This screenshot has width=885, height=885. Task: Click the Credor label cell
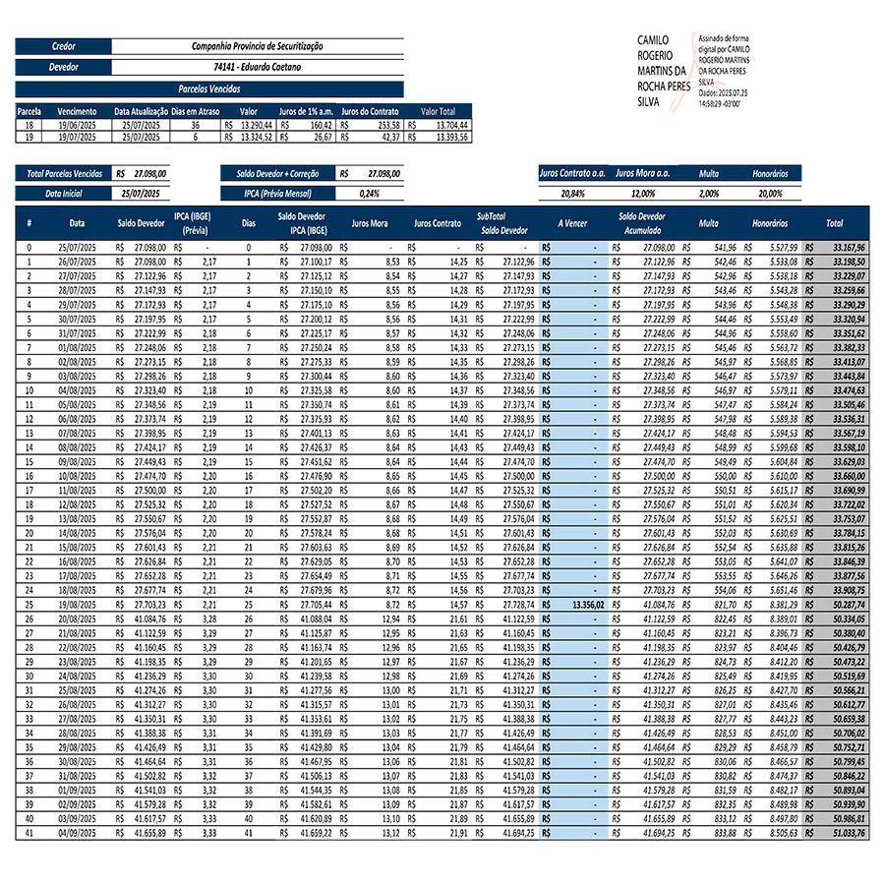pyautogui.click(x=64, y=46)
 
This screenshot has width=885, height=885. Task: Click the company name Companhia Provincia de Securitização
pyautogui.click(x=258, y=46)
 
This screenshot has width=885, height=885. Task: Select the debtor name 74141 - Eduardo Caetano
pyautogui.click(x=258, y=67)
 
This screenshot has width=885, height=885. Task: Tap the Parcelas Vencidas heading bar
pyautogui.click(x=209, y=88)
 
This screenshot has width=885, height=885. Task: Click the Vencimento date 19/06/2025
pyautogui.click(x=77, y=126)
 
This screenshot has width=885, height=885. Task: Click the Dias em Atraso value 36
pyautogui.click(x=194, y=126)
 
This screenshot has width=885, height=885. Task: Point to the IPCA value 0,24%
pyautogui.click(x=370, y=194)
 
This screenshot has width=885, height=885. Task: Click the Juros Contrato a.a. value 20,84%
pyautogui.click(x=571, y=194)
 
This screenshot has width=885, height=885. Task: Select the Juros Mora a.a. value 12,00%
pyautogui.click(x=642, y=194)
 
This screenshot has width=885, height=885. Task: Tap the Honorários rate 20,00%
pyautogui.click(x=770, y=194)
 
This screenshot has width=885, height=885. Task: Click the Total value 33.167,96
pyautogui.click(x=847, y=248)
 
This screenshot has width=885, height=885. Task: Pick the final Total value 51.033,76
pyautogui.click(x=847, y=833)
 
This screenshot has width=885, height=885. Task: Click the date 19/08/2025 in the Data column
pyautogui.click(x=77, y=604)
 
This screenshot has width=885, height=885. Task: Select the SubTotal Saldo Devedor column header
pyautogui.click(x=503, y=222)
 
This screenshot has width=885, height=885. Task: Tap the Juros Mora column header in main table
pyautogui.click(x=369, y=223)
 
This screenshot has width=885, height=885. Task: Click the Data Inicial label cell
pyautogui.click(x=64, y=194)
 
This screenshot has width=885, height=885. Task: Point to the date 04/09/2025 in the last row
pyautogui.click(x=77, y=833)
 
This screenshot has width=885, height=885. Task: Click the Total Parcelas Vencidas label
pyautogui.click(x=64, y=173)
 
